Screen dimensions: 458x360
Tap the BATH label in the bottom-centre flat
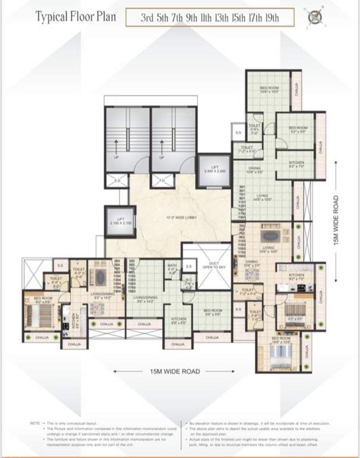[172, 267]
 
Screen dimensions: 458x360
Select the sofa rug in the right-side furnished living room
[269, 235]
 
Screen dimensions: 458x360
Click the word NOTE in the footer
[35, 423]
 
